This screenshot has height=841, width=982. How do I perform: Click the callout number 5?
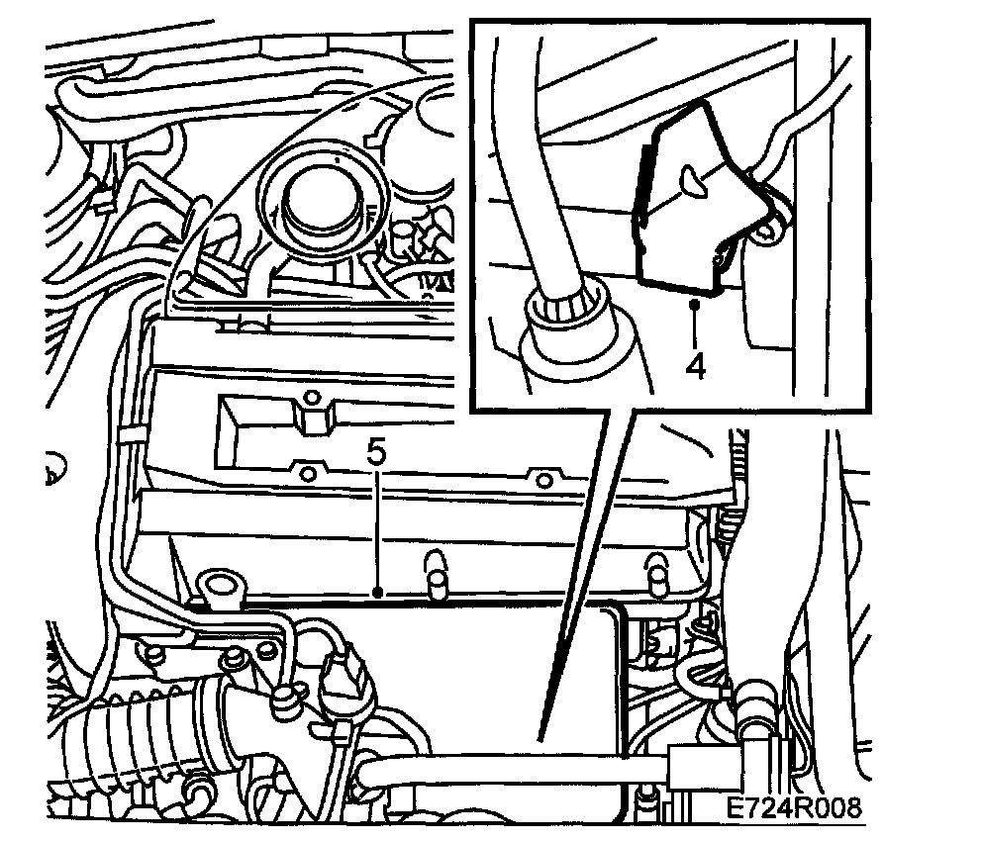click(x=376, y=453)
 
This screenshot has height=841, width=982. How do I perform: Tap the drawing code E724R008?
click(x=794, y=807)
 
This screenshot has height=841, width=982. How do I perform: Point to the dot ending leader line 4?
click(x=694, y=304)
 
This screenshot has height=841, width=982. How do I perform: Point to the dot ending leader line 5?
click(x=377, y=591)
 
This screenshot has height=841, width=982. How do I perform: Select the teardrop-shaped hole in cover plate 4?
click(x=692, y=180)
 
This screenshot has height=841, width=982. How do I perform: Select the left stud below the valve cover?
click(x=437, y=573)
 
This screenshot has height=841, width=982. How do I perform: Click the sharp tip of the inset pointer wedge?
click(x=540, y=742)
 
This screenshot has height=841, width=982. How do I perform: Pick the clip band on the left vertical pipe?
click(x=132, y=434)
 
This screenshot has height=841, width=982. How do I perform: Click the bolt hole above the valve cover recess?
click(x=312, y=398)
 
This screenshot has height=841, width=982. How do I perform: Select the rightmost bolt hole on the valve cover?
click(x=544, y=481)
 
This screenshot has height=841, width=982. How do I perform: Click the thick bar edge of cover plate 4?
click(x=641, y=188)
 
